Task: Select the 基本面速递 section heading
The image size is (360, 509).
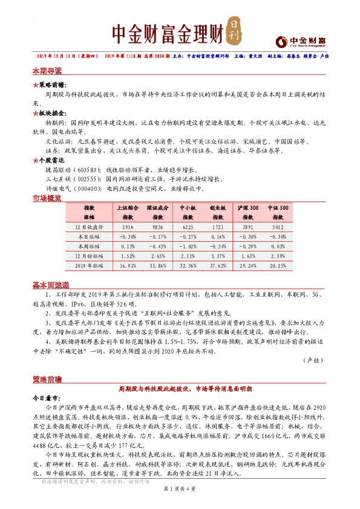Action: point(50,284)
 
